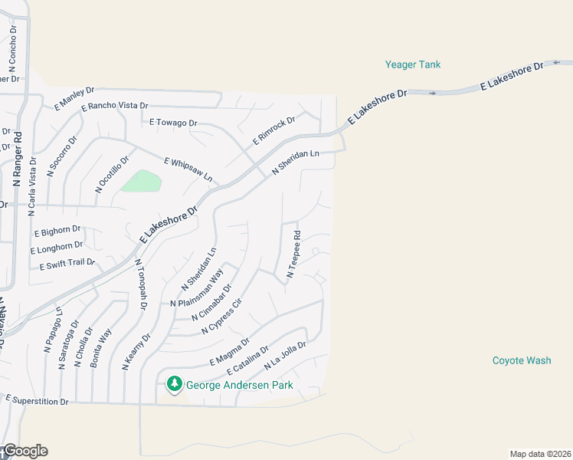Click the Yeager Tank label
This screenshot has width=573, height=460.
(413, 65)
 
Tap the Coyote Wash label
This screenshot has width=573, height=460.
(522, 360)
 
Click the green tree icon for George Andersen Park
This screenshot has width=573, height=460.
(175, 383)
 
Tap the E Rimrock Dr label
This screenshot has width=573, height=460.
(274, 131)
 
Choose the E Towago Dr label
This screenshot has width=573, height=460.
(173, 123)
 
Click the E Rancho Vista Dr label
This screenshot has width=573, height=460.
(115, 106)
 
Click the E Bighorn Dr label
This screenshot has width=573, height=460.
(57, 230)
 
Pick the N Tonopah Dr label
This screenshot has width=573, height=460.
(141, 284)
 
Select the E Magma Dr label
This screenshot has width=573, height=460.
(230, 351)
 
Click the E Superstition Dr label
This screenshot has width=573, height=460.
(38, 400)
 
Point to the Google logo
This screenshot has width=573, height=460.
(25, 451)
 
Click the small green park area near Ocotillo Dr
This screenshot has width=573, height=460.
(142, 182)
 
